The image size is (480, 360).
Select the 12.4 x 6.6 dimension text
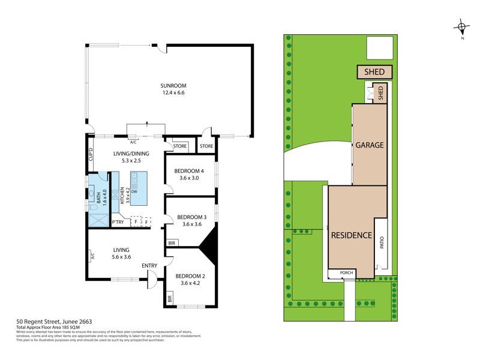pyautogui.click(x=171, y=93)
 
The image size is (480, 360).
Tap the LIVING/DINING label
pyautogui.click(x=131, y=154)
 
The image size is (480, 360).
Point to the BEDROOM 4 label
pyautogui.click(x=189, y=171)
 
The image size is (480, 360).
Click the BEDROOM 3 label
pyautogui.click(x=191, y=217)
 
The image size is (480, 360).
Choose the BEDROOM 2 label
pyautogui.click(x=190, y=276)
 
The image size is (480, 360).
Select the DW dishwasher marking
pyautogui.click(x=134, y=191)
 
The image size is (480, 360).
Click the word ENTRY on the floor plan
pyautogui.click(x=149, y=265)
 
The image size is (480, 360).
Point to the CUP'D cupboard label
pyautogui.click(x=91, y=155)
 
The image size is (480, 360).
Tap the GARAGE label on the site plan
pyautogui.click(x=369, y=145)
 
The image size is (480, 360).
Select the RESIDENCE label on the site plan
pyautogui.click(x=352, y=235)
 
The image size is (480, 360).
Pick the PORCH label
pyautogui.click(x=347, y=272)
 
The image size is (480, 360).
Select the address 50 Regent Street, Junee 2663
pyautogui.click(x=53, y=322)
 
